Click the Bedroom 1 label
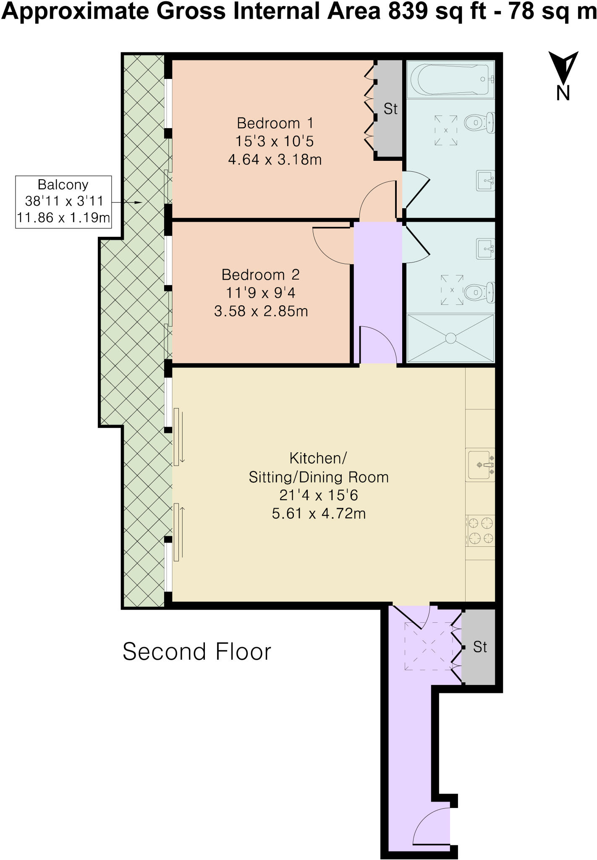pyautogui.click(x=275, y=123)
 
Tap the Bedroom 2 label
pyautogui.click(x=261, y=275)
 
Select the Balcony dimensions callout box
pyautogui.click(x=63, y=202)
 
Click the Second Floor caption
pyautogui.click(x=197, y=652)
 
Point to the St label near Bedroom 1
pyautogui.click(x=390, y=109)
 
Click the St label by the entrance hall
pyautogui.click(x=480, y=647)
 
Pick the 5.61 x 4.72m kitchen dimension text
pyautogui.click(x=319, y=513)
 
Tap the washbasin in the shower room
pyautogui.click(x=485, y=248)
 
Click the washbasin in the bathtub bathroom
pyautogui.click(x=485, y=181)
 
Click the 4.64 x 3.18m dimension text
pyautogui.click(x=275, y=160)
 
